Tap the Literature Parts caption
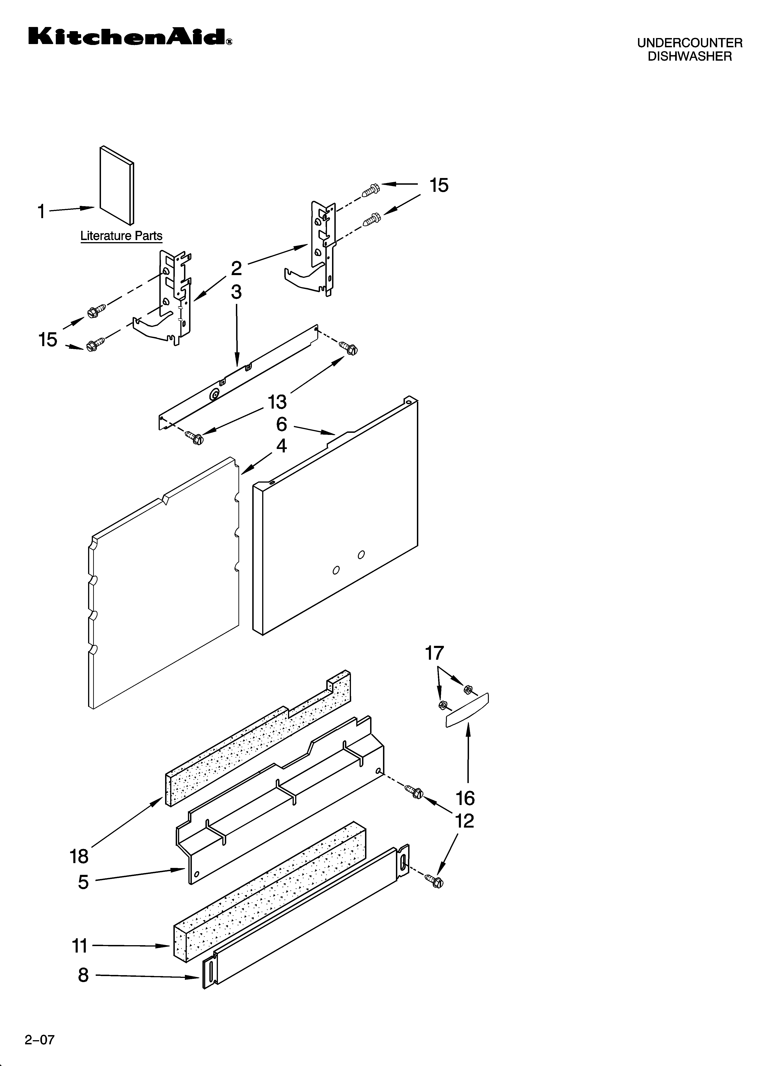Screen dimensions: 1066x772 tap(121, 236)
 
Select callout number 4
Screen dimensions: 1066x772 tap(281, 445)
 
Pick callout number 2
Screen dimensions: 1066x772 tap(237, 268)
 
